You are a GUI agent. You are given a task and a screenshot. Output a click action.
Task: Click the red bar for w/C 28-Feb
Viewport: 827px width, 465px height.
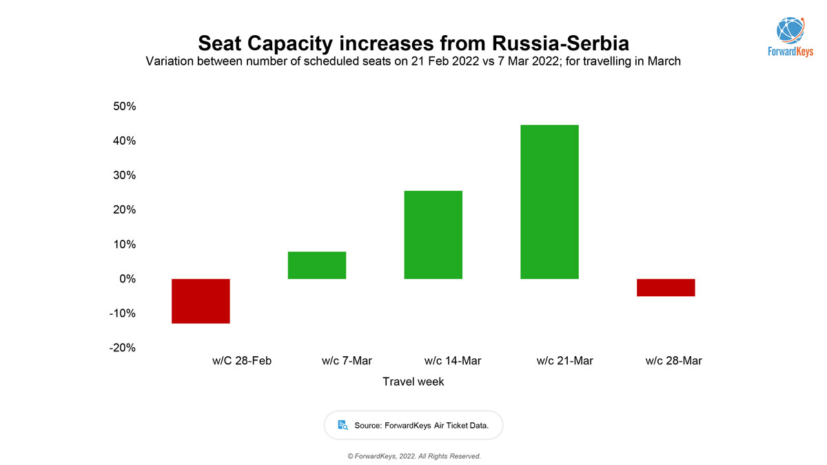click(x=201, y=301)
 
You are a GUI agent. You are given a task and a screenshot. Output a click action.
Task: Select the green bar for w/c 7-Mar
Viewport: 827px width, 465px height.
click(x=317, y=265)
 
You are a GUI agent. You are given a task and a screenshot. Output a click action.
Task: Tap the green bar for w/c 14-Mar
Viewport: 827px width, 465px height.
click(x=433, y=235)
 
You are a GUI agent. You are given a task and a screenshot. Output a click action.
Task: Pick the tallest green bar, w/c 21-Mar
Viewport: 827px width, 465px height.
click(x=549, y=202)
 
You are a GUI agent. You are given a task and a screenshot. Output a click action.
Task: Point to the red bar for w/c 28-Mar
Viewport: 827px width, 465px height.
click(x=666, y=287)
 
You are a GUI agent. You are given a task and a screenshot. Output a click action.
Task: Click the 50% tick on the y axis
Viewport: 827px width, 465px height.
click(x=125, y=107)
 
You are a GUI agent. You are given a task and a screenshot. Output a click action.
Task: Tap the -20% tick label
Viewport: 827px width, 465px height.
click(x=123, y=348)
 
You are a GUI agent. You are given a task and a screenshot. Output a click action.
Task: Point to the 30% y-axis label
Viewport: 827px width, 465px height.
click(x=125, y=176)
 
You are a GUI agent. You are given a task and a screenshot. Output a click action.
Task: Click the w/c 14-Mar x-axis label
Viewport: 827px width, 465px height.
click(x=453, y=361)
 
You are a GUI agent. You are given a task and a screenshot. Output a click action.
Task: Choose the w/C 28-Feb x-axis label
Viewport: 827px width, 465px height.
click(x=242, y=361)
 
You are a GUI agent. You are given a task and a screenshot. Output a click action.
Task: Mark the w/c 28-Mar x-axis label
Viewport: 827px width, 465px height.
click(x=674, y=361)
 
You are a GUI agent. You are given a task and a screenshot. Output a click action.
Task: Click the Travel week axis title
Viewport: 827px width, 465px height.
click(x=413, y=382)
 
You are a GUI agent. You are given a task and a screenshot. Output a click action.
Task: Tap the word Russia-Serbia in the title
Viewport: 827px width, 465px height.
click(x=560, y=43)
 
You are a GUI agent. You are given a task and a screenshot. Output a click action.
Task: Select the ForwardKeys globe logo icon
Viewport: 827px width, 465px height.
click(x=790, y=29)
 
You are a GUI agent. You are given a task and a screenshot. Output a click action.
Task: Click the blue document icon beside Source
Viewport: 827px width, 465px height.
click(x=343, y=425)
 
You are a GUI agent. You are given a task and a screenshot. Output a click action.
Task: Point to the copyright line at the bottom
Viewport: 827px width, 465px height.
click(x=413, y=456)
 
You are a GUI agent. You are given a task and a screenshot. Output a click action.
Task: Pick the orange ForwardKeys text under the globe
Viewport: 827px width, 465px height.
click(x=790, y=52)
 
